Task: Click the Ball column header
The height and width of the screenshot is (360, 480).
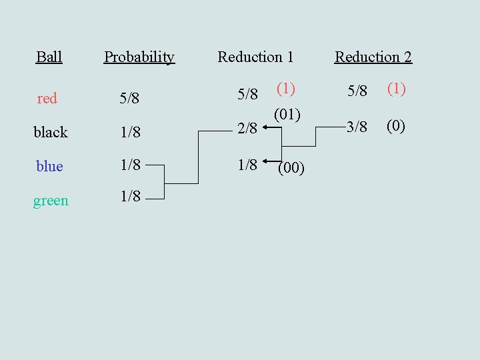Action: [49, 57]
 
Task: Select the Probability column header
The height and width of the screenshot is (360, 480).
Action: [139, 57]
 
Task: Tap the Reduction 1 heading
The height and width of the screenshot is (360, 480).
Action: [255, 57]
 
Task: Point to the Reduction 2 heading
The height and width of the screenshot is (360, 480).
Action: [373, 57]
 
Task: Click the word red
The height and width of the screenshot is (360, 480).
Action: [47, 99]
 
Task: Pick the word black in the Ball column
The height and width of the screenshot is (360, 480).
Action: [51, 132]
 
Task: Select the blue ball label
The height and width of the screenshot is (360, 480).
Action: [49, 166]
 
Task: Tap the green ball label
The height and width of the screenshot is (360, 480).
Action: [51, 200]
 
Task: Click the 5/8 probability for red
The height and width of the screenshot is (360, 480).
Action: [129, 99]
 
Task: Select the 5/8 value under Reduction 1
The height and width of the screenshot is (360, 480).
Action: [248, 94]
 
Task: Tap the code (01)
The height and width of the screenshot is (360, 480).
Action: [287, 115]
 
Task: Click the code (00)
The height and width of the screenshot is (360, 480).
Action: [291, 169]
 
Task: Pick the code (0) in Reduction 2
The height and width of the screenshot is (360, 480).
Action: [395, 126]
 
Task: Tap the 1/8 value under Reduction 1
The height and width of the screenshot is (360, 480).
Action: [248, 165]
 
